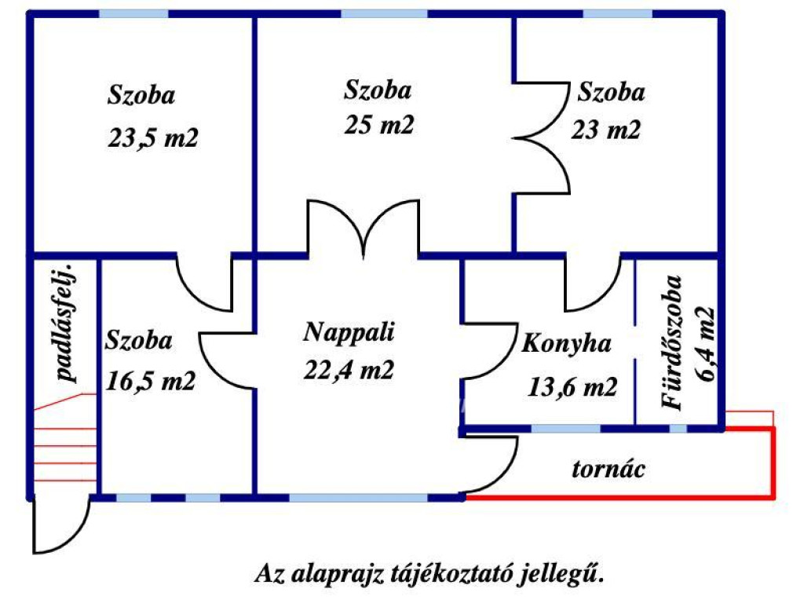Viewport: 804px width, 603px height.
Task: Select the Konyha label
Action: [x=556, y=345]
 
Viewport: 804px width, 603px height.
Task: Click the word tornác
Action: [x=608, y=470]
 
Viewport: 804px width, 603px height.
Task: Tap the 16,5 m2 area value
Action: [x=150, y=382]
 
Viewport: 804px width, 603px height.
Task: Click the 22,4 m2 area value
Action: [x=349, y=369]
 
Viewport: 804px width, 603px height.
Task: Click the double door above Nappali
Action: [x=363, y=228]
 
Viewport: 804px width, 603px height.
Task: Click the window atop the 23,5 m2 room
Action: [x=133, y=13]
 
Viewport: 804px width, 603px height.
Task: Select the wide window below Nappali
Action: [x=359, y=497]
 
